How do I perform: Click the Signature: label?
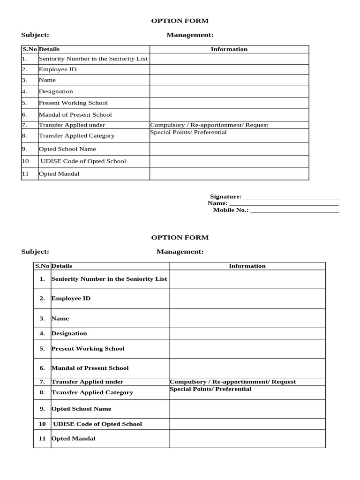(x=225, y=196)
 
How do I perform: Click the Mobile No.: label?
(x=231, y=210)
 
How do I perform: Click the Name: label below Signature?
(x=217, y=203)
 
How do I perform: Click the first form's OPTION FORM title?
(x=180, y=21)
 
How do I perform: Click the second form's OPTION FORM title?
(x=180, y=238)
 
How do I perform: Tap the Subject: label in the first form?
(x=35, y=35)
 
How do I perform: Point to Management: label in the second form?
(x=180, y=252)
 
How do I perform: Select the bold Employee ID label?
(x=71, y=299)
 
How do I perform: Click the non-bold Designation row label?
(x=56, y=92)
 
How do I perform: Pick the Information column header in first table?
(x=229, y=49)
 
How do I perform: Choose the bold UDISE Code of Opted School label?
(x=97, y=424)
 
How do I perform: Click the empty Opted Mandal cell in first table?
(x=229, y=174)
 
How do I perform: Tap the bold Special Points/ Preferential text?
(x=210, y=389)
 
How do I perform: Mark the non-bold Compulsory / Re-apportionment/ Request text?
(x=209, y=125)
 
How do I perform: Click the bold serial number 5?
(x=42, y=349)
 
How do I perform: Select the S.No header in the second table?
(x=42, y=266)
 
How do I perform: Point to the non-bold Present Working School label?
(x=73, y=103)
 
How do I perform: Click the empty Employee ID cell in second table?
(x=247, y=299)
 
